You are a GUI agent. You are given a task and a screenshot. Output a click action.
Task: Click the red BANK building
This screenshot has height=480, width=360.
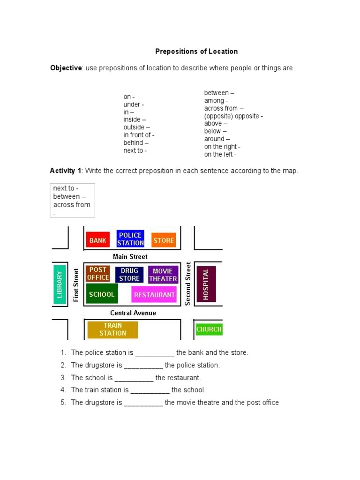click(x=97, y=240)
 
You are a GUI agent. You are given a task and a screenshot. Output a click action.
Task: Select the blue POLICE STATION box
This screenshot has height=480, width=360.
click(x=130, y=239)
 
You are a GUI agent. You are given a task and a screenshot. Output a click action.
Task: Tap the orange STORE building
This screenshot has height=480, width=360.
click(x=164, y=240)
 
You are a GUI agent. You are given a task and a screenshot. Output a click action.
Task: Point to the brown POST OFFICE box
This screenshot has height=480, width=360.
click(x=98, y=273)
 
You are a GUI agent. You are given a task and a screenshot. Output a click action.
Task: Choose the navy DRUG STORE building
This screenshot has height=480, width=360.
click(x=129, y=274)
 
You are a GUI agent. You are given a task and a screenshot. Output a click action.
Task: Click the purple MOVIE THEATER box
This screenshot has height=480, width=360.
click(x=163, y=275)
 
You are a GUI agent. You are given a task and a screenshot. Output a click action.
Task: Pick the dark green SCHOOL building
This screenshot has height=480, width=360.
click(x=102, y=294)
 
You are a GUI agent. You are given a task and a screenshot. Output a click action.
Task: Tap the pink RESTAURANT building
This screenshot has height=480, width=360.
click(x=154, y=295)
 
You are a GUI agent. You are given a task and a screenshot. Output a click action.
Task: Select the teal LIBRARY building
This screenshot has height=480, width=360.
click(x=60, y=284)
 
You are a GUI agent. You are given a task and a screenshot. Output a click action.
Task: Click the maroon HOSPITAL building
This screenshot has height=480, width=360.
click(x=206, y=284)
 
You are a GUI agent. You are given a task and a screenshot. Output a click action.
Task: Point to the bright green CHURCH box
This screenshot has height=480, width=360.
click(x=209, y=329)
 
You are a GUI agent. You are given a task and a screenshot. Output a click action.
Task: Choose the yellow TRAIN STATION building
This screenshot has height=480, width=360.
click(x=112, y=329)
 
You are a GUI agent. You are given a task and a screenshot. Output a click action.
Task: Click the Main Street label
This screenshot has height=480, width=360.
click(x=130, y=256)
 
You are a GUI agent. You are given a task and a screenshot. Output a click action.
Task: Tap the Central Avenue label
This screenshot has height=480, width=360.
click(x=133, y=313)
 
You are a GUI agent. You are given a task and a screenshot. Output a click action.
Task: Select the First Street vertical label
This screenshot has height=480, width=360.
click(x=76, y=285)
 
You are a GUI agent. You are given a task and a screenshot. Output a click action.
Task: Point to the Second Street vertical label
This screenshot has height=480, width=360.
click(x=187, y=284)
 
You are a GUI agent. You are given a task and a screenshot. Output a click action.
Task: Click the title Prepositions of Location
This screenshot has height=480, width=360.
click(x=197, y=52)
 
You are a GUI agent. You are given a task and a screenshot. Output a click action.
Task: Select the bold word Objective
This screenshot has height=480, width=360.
click(x=66, y=68)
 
